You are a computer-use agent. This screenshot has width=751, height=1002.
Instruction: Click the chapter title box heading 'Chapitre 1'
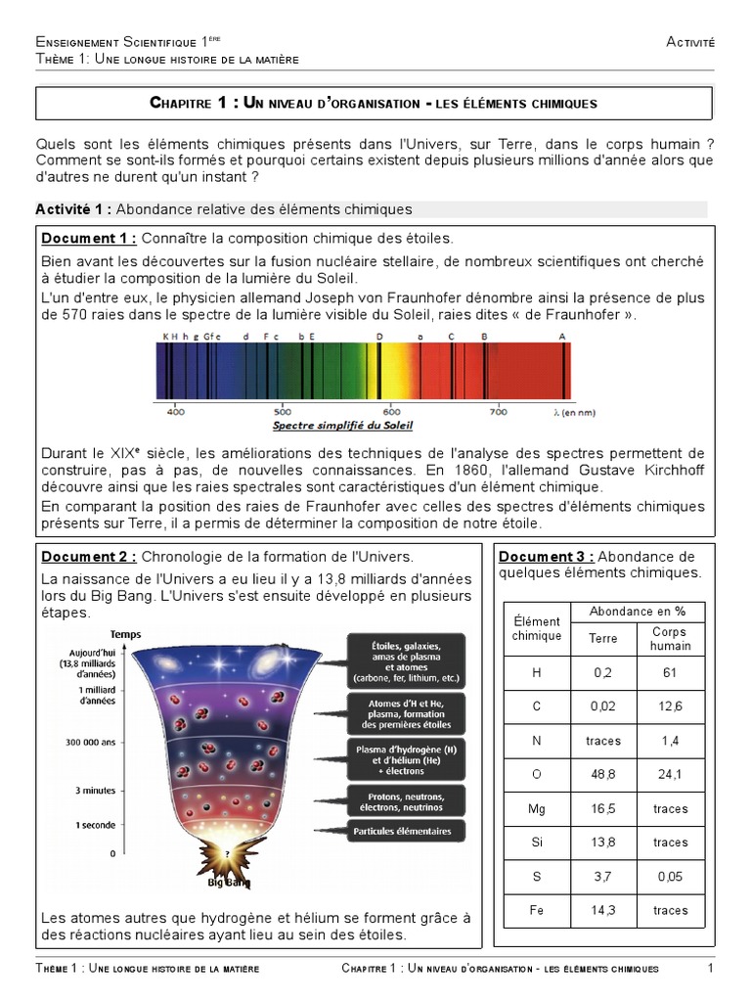[374, 103]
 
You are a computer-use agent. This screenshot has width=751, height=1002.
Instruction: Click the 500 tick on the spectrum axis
[283, 412]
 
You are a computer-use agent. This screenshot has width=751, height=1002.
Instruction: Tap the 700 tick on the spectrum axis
[498, 412]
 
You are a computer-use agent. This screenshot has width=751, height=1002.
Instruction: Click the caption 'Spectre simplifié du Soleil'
[342, 426]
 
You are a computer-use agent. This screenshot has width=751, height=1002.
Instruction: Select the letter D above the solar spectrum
[379, 336]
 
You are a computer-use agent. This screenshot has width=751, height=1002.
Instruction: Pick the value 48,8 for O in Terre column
[603, 775]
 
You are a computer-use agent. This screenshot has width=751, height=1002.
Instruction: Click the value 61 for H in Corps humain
[670, 673]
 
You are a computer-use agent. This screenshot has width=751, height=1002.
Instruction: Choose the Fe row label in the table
[536, 910]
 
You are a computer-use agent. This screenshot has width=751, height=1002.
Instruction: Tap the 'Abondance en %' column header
[638, 612]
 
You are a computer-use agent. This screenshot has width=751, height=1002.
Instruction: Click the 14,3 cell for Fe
[603, 910]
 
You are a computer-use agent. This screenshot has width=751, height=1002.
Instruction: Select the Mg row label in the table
[536, 809]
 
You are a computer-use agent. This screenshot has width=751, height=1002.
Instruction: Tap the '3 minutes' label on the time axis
[95, 790]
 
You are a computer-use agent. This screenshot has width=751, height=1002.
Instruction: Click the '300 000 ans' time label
[90, 742]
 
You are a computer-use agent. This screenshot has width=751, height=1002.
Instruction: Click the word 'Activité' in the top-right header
[690, 41]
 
